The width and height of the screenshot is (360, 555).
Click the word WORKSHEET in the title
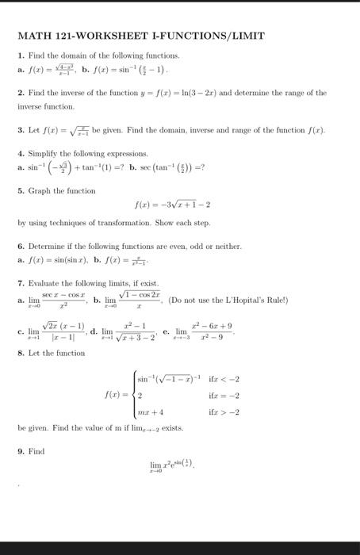click(116, 36)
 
